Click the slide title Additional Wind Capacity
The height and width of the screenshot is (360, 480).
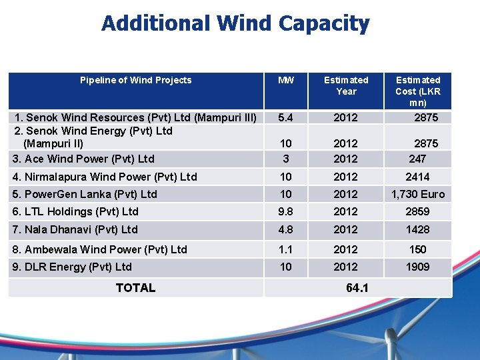[235, 24]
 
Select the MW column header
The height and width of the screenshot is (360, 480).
[285, 80]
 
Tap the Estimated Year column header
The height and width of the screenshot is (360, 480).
[346, 85]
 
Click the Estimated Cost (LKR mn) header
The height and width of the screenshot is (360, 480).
[418, 91]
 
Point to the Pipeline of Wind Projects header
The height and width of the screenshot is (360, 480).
[135, 80]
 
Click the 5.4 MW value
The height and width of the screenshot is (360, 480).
[285, 117]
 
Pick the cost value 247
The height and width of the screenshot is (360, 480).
[417, 159]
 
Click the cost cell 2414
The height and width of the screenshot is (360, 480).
[418, 177]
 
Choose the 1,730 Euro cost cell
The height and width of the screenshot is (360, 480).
[418, 194]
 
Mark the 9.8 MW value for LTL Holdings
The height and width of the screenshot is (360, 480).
[285, 211]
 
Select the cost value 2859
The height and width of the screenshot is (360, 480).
[418, 211]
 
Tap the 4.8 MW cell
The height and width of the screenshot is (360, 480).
[285, 229]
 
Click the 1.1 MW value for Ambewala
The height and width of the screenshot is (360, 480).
[285, 249]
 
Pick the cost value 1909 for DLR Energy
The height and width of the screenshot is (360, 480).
[418, 267]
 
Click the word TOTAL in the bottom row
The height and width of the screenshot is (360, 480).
[135, 288]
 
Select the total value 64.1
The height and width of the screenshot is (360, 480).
[357, 288]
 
